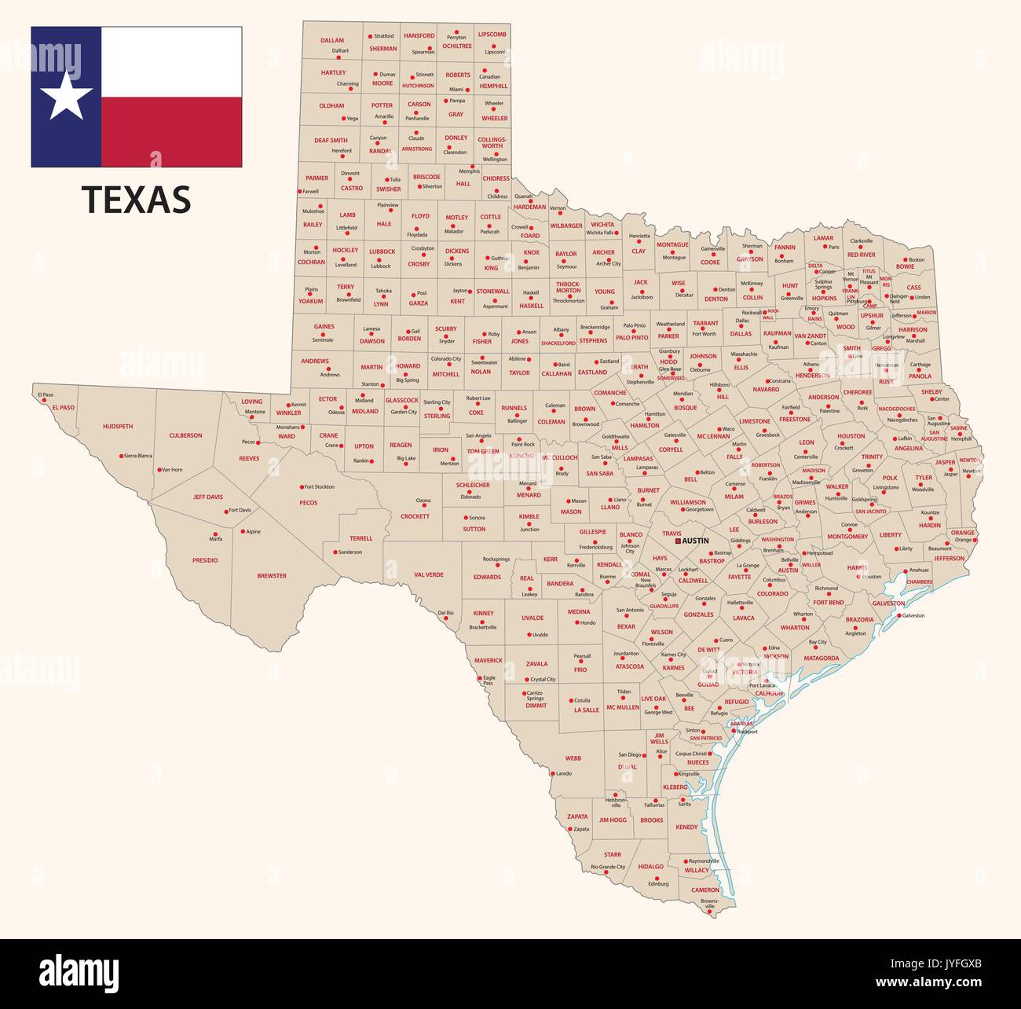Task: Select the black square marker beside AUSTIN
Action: (x=678, y=541)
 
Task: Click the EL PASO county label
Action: (x=62, y=408)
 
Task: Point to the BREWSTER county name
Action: (x=272, y=576)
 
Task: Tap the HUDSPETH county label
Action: (x=118, y=426)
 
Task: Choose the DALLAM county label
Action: (x=332, y=40)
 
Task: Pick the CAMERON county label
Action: (x=705, y=890)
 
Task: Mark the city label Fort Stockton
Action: (x=319, y=486)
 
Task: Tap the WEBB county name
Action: (x=573, y=758)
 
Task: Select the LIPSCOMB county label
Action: (x=492, y=35)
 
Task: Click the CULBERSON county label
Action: (x=185, y=435)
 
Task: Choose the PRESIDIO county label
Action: (x=205, y=560)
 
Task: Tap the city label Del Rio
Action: (x=445, y=612)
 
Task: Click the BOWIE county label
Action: (x=905, y=266)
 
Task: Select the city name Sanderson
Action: (x=349, y=552)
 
